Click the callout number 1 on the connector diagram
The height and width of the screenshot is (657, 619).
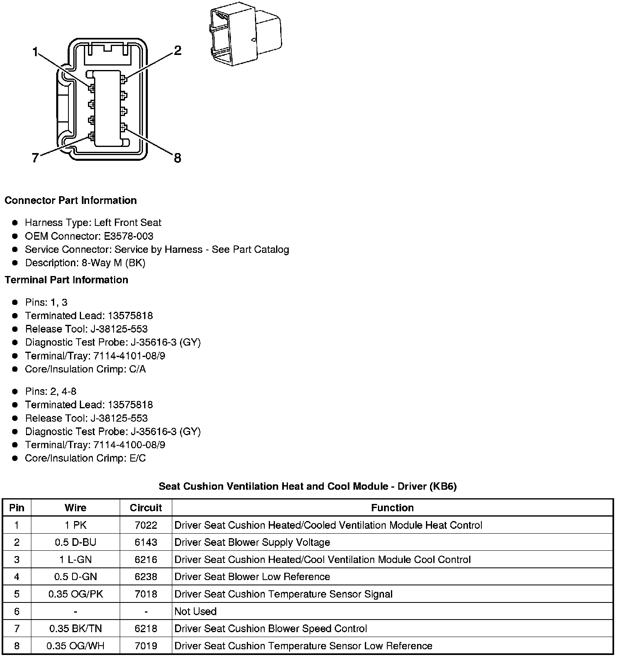(x=35, y=52)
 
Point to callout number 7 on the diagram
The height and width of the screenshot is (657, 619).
(x=35, y=158)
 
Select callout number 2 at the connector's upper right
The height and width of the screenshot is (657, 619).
(x=177, y=51)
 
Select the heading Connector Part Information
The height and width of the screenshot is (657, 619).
(x=70, y=200)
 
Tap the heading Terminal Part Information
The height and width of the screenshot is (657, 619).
(x=66, y=280)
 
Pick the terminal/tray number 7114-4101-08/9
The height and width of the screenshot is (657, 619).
(x=130, y=356)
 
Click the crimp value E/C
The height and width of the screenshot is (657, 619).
(x=137, y=458)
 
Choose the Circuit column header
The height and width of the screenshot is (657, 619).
(x=146, y=508)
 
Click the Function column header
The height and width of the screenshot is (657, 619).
(x=392, y=508)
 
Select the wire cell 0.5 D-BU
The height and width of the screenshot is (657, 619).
(x=75, y=542)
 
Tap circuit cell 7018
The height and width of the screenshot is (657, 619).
(x=146, y=594)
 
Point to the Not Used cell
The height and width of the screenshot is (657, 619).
(x=195, y=611)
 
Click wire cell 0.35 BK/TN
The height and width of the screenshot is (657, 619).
(x=75, y=629)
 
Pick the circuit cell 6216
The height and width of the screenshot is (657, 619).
(x=146, y=559)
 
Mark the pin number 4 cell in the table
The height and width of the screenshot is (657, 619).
(x=17, y=577)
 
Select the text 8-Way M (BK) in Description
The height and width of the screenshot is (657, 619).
(x=113, y=263)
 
